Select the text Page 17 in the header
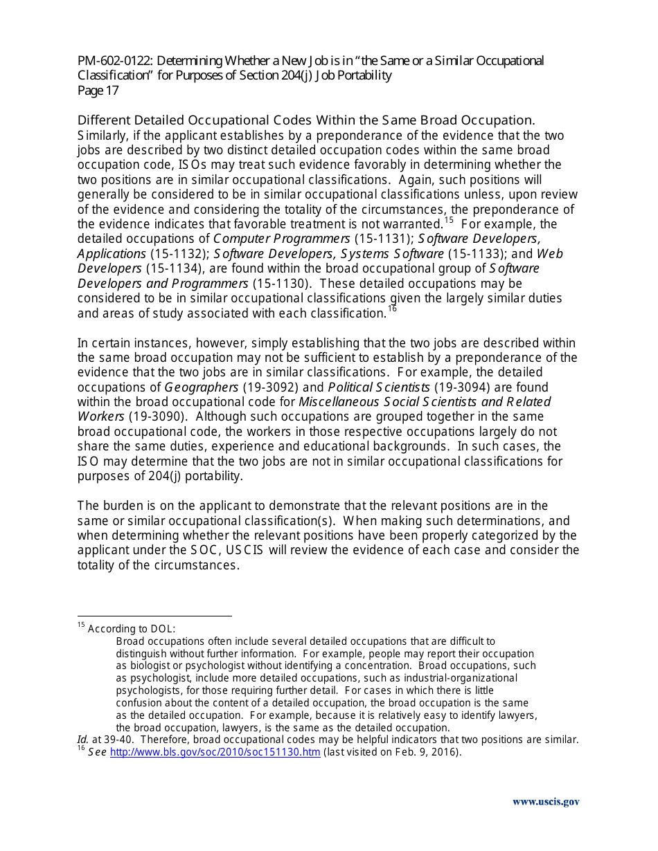pyautogui.click(x=98, y=91)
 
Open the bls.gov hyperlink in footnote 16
pyautogui.click(x=215, y=753)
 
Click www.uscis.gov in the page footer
pyautogui.click(x=546, y=802)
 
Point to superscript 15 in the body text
pyautogui.click(x=449, y=221)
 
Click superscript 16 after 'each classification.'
pyautogui.click(x=392, y=309)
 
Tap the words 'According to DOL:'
pyautogui.click(x=132, y=629)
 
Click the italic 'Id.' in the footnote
pyautogui.click(x=82, y=740)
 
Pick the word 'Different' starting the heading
pyautogui.click(x=103, y=120)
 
